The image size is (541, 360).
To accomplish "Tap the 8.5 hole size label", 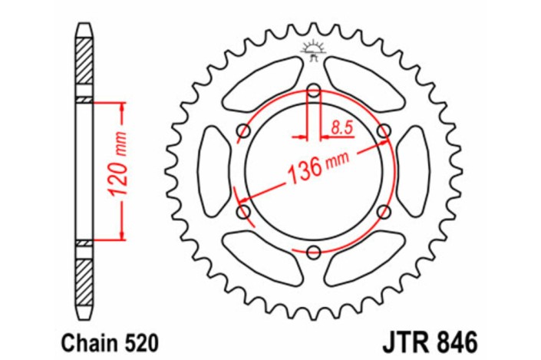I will click(341, 127).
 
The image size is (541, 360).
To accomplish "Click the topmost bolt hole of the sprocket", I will click(314, 91).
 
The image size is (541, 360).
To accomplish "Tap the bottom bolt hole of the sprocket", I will click(314, 251).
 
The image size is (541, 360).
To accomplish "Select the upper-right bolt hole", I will click(384, 131).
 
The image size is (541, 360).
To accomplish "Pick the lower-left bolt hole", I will click(244, 211).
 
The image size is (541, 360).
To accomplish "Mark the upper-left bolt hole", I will click(244, 131).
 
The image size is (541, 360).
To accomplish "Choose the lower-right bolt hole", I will click(384, 211).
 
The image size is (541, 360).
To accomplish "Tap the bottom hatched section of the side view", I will click(84, 275).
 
